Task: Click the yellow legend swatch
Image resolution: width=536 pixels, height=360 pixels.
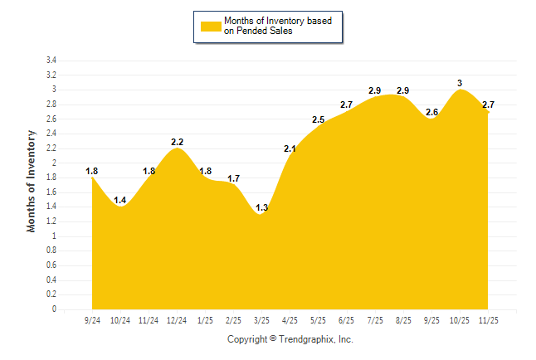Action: coord(210,26)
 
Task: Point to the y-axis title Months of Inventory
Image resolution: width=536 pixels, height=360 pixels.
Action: coord(32,181)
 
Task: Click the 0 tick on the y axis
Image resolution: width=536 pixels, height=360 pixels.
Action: coord(54,309)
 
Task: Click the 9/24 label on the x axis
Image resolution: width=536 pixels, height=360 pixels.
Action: coord(92,319)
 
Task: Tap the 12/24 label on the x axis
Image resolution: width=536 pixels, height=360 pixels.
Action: coord(177,319)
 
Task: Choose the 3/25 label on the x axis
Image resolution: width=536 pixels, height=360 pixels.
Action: coord(261,319)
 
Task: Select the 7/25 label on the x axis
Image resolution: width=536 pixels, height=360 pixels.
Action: coord(375,319)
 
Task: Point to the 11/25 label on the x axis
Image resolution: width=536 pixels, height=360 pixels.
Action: coord(488,319)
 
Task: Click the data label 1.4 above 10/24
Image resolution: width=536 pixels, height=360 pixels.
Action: coord(120,200)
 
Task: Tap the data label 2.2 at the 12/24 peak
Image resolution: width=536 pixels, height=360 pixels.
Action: coord(177,142)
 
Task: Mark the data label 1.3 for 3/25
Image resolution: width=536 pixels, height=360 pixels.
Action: coord(261,207)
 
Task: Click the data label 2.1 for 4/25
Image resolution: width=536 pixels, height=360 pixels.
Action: coord(290,149)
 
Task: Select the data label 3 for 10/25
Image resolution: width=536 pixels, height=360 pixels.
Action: coord(460,83)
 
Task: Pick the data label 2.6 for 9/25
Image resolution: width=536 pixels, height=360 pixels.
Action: coord(431,112)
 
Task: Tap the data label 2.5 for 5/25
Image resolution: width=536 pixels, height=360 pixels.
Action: coord(318,120)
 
